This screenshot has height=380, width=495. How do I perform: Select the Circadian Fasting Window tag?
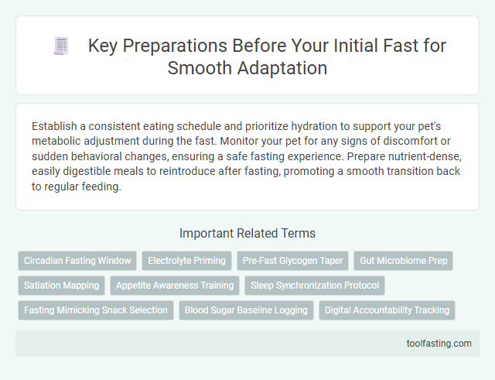click(77, 261)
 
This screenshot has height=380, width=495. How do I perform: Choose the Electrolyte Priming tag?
click(186, 261)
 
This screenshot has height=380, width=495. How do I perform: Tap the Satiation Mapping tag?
click(62, 286)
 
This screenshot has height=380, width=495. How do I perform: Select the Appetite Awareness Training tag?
click(175, 286)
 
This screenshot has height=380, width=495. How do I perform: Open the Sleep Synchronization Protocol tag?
click(315, 286)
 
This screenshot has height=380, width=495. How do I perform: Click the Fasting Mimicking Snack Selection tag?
click(95, 310)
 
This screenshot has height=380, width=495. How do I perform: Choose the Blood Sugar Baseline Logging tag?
click(246, 310)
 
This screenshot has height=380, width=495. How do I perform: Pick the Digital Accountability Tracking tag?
click(387, 310)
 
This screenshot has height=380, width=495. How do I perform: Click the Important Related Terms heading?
click(247, 234)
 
